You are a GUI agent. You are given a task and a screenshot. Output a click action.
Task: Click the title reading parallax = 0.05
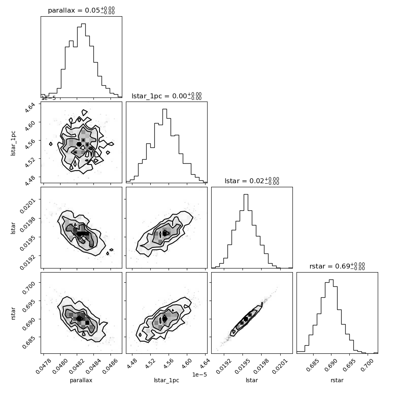[81, 10]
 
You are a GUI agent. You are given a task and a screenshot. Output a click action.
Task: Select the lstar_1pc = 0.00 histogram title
[167, 96]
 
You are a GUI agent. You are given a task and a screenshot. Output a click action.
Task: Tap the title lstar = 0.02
[252, 181]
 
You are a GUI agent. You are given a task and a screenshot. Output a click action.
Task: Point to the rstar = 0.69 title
[337, 266]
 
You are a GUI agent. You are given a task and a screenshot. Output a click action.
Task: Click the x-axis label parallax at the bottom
[81, 380]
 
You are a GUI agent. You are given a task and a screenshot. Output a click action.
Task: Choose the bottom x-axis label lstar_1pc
[167, 380]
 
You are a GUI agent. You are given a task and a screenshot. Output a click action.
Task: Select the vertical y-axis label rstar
[13, 313]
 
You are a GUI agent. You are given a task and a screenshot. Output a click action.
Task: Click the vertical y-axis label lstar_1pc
[13, 143]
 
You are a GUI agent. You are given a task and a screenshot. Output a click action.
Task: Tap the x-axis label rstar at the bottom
[337, 380]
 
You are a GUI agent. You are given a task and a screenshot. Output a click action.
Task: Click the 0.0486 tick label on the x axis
[110, 366]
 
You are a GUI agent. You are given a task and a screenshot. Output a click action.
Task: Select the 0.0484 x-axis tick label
[93, 366]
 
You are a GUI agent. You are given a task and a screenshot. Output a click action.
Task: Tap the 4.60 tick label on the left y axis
[30, 125]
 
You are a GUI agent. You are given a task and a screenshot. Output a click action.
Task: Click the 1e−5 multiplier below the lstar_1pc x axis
[199, 375]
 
